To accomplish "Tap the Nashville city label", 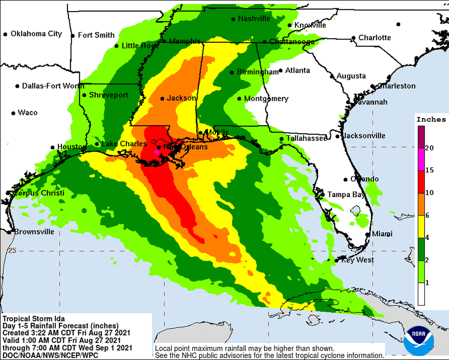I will tap(254, 18).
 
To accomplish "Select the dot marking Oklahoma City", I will tap(6, 34).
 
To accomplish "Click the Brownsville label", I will tap(34, 232).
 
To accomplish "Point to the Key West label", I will tap(357, 260).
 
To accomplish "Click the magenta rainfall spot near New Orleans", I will tap(156, 151).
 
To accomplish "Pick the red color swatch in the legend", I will tap(421, 182).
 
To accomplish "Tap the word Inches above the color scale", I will tap(431, 120).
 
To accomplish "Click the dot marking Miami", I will tap(367, 234).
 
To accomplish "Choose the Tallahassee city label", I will tap(306, 138).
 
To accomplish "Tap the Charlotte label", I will tap(375, 38).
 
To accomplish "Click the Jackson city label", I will tap(181, 98).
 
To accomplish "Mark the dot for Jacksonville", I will tap(338, 137).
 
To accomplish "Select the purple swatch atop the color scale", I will tap(421, 137).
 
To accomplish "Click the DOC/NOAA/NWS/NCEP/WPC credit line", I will tap(50, 356).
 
